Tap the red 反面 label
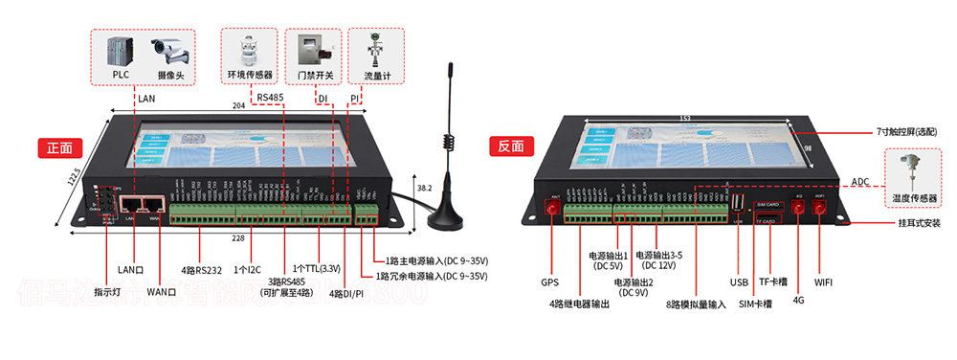[510, 146]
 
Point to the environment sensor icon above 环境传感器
[249, 49]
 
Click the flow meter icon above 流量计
[375, 49]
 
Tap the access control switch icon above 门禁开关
[313, 50]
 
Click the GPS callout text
[549, 283]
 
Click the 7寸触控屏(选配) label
[905, 130]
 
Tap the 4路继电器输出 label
[578, 304]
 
